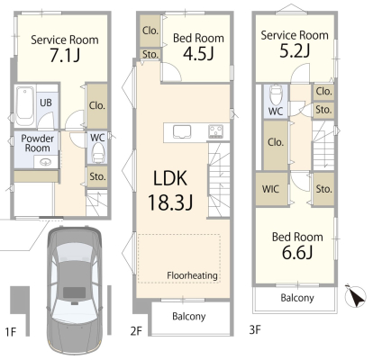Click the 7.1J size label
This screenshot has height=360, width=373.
click(65, 55)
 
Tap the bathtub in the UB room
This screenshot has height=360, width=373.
click(25, 106)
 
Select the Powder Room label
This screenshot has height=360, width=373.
click(37, 143)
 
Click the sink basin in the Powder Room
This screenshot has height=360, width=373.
click(46, 162)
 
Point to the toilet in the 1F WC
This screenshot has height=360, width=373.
click(97, 153)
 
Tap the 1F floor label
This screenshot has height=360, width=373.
click(11, 332)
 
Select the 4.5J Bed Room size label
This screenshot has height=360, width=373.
click(198, 54)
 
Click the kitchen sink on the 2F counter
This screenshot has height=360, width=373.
click(182, 132)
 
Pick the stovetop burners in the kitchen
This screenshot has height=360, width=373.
click(216, 131)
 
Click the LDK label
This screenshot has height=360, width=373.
click(170, 178)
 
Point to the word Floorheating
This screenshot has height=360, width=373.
click(192, 275)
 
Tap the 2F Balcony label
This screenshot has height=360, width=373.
click(189, 317)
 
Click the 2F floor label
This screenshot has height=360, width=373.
click(136, 331)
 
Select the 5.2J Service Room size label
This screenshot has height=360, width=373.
click(295, 51)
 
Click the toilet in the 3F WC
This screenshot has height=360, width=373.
click(276, 94)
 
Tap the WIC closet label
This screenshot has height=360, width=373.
click(270, 189)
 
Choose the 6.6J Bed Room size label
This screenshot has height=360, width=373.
click(297, 253)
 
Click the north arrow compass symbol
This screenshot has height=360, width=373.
click(355, 296)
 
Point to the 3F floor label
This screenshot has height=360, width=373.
click(255, 329)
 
